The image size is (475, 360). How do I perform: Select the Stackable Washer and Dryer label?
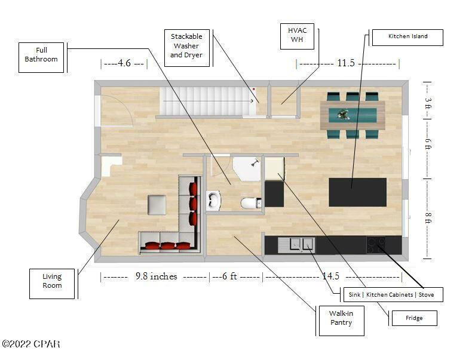[x=186, y=45]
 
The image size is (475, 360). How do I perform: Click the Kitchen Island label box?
[x=407, y=37]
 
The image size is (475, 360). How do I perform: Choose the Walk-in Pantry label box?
[x=339, y=318]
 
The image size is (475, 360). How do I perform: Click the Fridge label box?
[x=413, y=318]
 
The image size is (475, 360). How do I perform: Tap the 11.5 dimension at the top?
[x=347, y=63]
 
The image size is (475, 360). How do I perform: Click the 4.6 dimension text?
[x=124, y=63]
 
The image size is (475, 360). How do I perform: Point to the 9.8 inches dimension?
[x=156, y=276]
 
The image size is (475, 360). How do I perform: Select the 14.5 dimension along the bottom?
[x=330, y=276]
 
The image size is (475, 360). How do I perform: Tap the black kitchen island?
[x=357, y=192]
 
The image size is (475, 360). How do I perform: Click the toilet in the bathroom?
[x=249, y=204]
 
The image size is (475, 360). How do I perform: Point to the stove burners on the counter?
[x=376, y=244]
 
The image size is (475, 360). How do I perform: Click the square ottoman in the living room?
[x=157, y=205]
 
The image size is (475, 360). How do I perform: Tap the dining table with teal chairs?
[x=352, y=115]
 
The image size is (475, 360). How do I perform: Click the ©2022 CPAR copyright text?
[x=30, y=344]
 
